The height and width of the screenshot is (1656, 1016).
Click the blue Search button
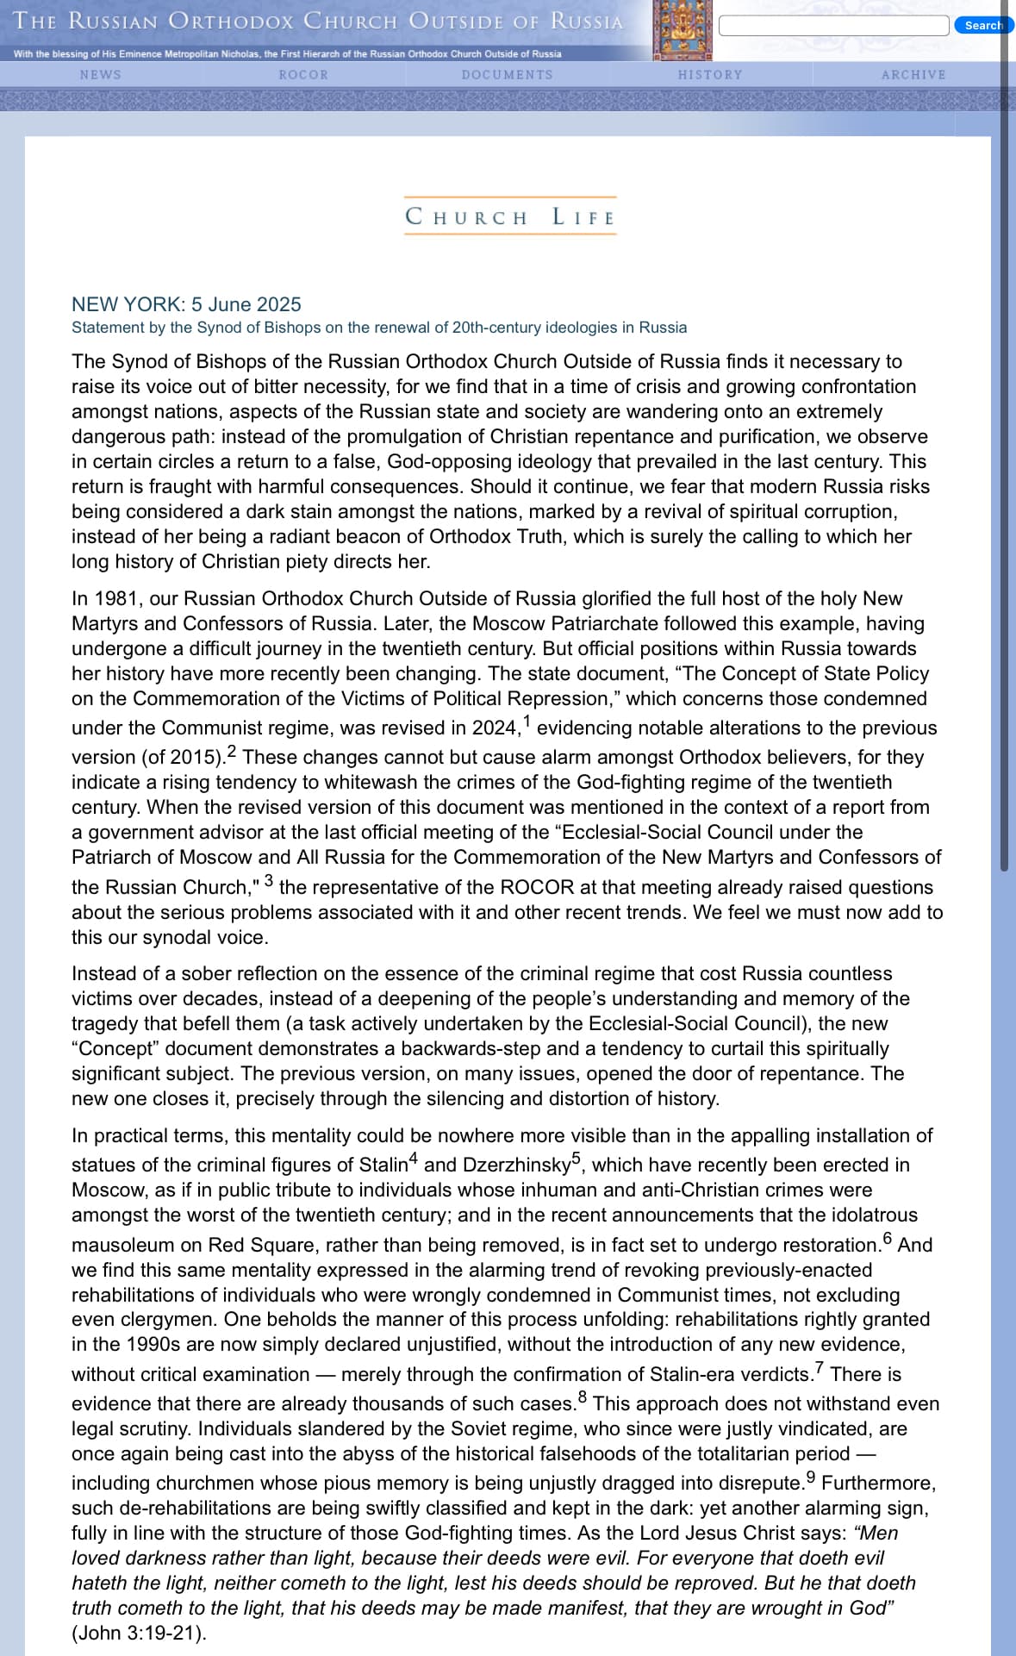point(983,25)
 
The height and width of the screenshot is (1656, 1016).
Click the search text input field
point(833,25)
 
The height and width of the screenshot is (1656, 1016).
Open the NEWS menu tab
point(101,75)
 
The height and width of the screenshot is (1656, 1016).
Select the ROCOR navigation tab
point(303,75)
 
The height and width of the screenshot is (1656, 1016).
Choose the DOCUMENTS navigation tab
point(507,75)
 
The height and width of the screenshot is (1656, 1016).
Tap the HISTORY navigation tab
point(710,75)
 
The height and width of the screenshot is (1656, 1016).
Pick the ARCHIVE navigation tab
point(913,75)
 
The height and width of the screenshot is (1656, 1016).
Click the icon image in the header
point(683,30)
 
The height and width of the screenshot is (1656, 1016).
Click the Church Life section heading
point(510,216)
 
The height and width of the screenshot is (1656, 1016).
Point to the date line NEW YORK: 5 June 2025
point(186,304)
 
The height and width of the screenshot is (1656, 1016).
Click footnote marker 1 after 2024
point(527,721)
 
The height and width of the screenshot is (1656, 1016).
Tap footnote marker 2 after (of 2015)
point(231,750)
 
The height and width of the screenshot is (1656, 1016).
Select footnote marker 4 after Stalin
point(414,1158)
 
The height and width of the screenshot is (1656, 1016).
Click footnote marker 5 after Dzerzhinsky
point(577,1158)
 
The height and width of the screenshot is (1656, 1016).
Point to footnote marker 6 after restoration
point(888,1239)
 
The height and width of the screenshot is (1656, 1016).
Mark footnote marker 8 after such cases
point(583,1397)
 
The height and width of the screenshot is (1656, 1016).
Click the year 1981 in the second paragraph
point(116,598)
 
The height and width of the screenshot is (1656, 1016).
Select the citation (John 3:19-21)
point(139,1633)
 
